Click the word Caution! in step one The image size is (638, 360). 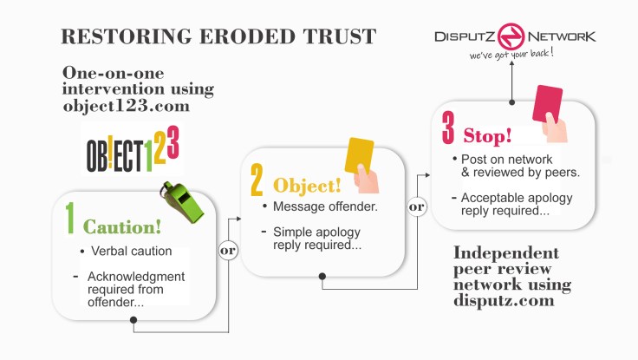[x=122, y=227]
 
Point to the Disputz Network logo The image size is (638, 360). [x=514, y=36]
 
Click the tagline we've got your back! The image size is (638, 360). [x=511, y=55]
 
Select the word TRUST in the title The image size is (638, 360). [x=334, y=36]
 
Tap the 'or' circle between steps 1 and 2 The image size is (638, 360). [x=229, y=251]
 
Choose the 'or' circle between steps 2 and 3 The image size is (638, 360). [x=417, y=207]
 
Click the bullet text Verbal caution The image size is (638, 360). [x=131, y=252]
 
